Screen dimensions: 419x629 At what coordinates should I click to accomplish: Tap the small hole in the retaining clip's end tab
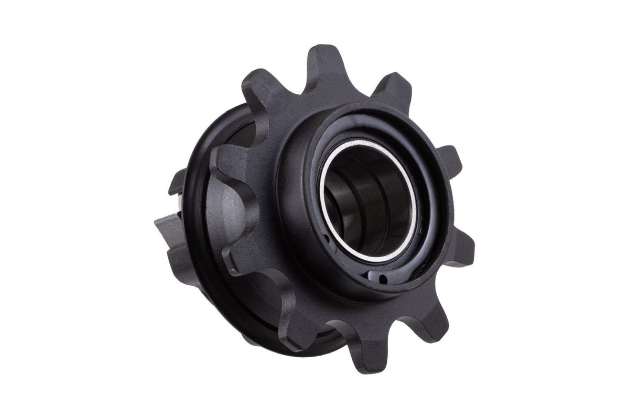point(384,278)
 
